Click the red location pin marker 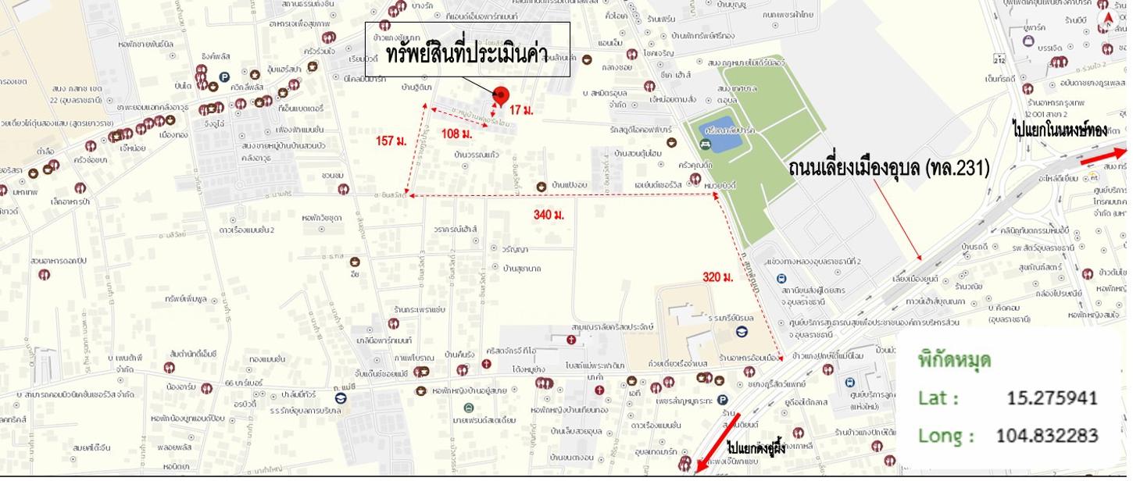[x=501, y=95]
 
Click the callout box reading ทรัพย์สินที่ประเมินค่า [x=467, y=50]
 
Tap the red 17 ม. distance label [x=521, y=111]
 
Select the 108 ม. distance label [x=457, y=134]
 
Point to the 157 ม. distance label [x=391, y=141]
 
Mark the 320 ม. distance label [x=717, y=277]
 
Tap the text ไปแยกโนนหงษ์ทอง [x=1059, y=130]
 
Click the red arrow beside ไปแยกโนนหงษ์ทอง [x=1103, y=157]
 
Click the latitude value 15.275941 [x=1052, y=397]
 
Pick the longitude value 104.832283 [x=1047, y=435]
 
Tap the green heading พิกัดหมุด [x=954, y=360]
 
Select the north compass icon [x=1107, y=19]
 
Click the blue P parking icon [x=224, y=77]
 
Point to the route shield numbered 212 [x=1020, y=59]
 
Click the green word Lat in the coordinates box [x=937, y=398]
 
